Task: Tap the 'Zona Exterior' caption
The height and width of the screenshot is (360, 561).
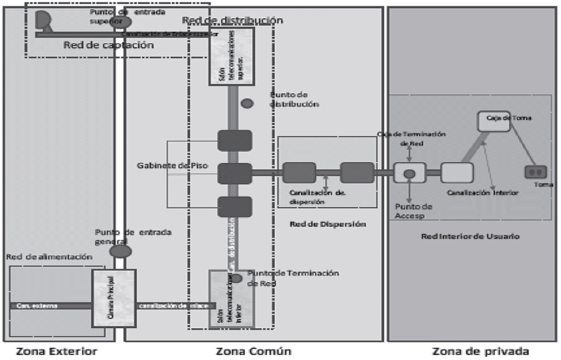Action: click(57, 351)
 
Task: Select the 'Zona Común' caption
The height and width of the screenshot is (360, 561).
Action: click(254, 351)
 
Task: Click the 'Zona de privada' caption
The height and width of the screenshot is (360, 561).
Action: click(480, 351)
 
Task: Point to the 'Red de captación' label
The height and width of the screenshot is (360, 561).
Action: click(108, 46)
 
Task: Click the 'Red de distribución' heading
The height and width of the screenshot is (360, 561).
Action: click(232, 21)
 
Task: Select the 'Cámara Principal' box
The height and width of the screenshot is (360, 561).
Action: click(114, 298)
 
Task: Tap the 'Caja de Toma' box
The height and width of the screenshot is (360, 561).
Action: click(494, 121)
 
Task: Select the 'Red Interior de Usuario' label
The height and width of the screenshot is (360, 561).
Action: click(470, 236)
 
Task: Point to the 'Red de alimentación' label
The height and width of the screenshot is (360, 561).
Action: click(49, 257)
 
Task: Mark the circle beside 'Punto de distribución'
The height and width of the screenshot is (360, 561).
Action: click(247, 103)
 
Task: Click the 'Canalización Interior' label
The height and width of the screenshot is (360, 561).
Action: click(483, 193)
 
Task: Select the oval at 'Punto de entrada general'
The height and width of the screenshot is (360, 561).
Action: click(120, 251)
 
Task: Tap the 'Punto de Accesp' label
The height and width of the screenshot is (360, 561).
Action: click(413, 211)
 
